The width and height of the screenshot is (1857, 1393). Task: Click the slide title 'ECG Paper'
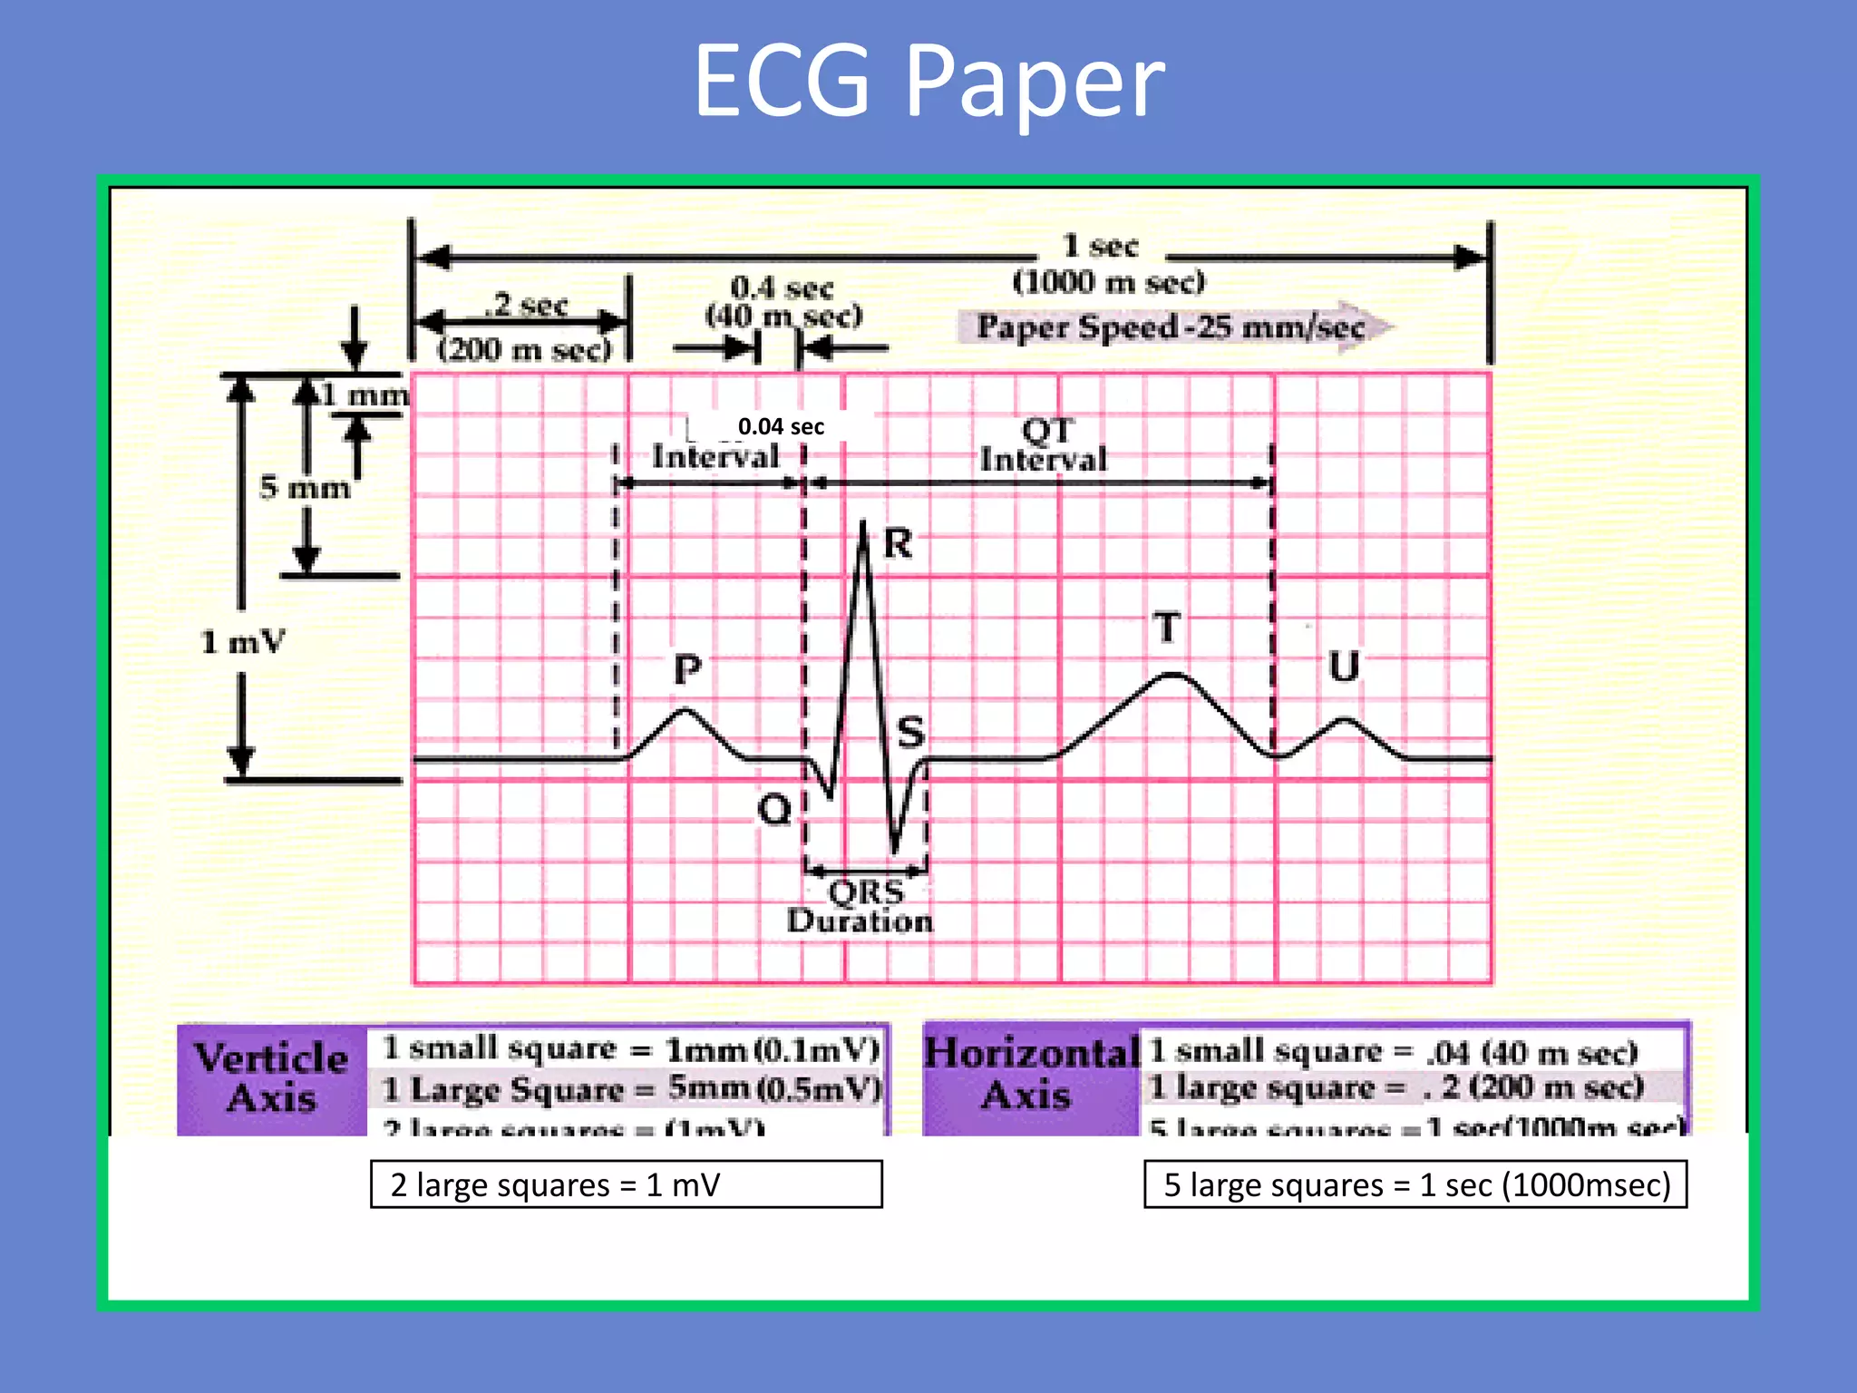click(928, 82)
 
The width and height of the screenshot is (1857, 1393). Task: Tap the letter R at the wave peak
click(898, 544)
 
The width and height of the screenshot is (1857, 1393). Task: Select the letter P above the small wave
click(687, 670)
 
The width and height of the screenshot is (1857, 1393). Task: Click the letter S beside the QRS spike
click(910, 732)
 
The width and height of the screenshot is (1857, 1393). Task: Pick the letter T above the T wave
click(1167, 628)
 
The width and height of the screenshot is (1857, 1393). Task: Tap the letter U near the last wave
click(1344, 667)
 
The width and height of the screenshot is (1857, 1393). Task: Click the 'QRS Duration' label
click(860, 906)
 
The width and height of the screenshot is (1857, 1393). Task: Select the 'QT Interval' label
click(1045, 444)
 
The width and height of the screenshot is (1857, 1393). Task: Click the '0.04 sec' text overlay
click(781, 426)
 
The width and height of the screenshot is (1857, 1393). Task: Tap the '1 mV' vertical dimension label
click(242, 642)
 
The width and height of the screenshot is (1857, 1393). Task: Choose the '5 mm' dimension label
click(305, 488)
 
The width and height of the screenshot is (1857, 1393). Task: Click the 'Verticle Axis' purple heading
click(271, 1078)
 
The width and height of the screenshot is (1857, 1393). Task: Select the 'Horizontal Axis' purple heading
click(1030, 1074)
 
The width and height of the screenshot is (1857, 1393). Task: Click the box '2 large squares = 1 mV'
click(626, 1184)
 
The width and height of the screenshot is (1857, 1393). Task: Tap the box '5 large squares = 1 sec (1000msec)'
click(1415, 1184)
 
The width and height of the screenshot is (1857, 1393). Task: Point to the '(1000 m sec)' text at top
click(1108, 282)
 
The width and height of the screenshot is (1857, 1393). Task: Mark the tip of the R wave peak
click(862, 523)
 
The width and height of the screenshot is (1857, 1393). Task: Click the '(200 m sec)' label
click(524, 349)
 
